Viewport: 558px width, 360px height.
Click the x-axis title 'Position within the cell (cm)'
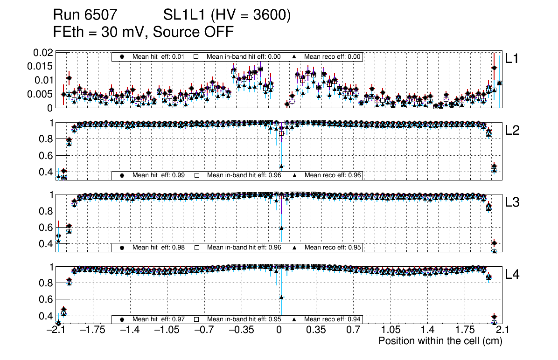(440, 341)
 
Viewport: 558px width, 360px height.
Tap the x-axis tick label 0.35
(316, 330)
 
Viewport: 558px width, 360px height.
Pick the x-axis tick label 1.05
(390, 330)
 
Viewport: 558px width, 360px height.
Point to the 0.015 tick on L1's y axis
(40, 66)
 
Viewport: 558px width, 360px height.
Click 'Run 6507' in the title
(85, 16)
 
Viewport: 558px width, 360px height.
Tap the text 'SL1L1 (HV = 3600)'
(227, 16)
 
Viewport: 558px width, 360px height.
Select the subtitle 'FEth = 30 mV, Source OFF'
(143, 32)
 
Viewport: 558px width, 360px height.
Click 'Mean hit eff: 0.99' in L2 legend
(159, 175)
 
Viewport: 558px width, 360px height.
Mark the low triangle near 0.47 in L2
(281, 166)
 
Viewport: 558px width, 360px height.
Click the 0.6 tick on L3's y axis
(47, 227)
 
